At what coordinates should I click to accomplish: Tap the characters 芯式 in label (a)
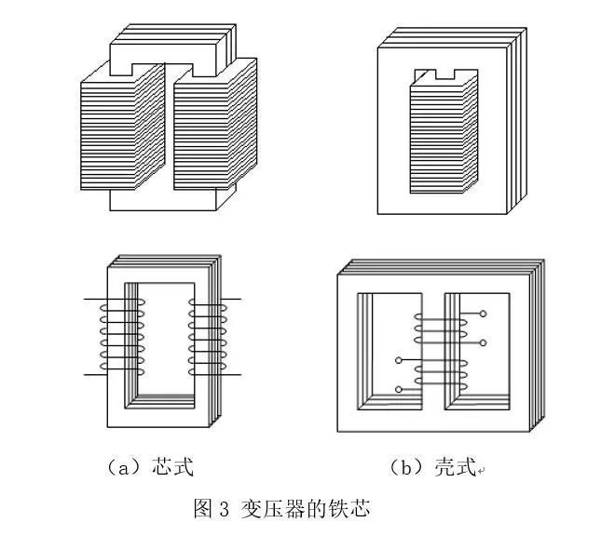pos(172,467)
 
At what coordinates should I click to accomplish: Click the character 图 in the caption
pos(202,510)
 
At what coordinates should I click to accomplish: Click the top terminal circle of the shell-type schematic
pos(483,314)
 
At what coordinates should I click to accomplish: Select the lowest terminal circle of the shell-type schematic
pos(399,389)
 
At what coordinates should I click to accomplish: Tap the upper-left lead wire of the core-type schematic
pos(97,300)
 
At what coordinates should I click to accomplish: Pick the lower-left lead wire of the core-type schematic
pos(97,374)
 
